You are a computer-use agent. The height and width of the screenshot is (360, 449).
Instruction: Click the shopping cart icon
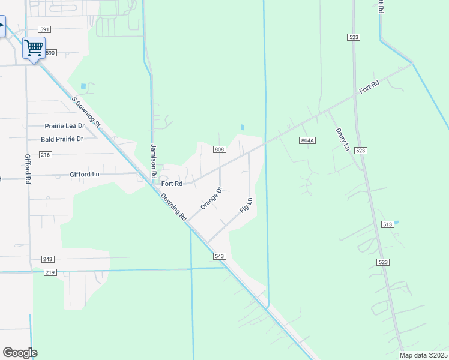(x=34, y=47)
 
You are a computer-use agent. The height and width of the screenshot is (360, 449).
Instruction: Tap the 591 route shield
(x=44, y=29)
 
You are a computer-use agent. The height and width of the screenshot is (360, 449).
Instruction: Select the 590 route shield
(x=49, y=53)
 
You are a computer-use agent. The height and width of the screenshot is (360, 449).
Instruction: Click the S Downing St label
(x=86, y=112)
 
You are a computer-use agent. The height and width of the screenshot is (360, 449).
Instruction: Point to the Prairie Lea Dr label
(x=65, y=126)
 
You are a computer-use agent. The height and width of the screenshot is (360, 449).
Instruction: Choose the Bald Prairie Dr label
(x=61, y=139)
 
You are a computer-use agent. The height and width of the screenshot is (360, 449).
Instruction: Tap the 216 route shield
(x=46, y=155)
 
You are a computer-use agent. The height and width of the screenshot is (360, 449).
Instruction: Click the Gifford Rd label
(x=28, y=169)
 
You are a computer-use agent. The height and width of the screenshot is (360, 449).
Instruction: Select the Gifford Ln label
(x=84, y=174)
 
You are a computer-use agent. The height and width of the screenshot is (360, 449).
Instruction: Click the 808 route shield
(x=219, y=149)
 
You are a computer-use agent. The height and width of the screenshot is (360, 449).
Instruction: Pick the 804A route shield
(x=307, y=140)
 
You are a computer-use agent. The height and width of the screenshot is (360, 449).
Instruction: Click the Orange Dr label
(x=211, y=198)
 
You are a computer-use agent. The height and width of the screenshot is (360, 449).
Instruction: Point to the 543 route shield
(x=219, y=256)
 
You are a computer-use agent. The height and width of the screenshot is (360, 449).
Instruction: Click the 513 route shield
(x=387, y=224)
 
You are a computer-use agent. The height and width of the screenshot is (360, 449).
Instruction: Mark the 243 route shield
(x=48, y=259)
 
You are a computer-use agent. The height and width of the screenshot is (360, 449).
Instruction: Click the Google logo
(x=20, y=353)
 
